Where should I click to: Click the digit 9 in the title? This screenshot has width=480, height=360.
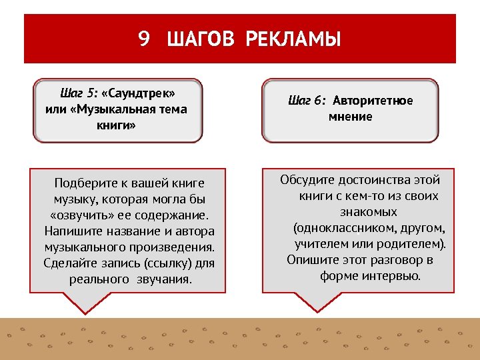(144, 39)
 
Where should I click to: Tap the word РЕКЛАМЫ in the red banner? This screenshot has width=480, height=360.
(293, 39)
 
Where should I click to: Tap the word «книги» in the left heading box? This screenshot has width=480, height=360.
(116, 125)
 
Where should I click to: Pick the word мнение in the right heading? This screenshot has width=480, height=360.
(350, 117)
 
